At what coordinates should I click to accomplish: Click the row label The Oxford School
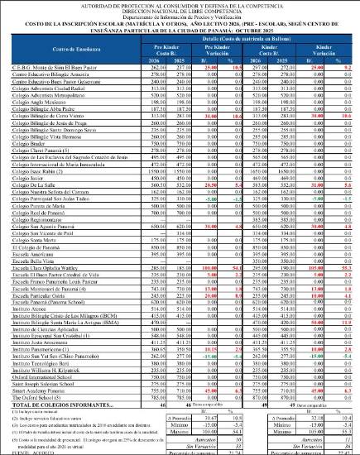(37, 396)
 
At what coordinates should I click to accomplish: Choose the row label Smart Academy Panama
(36, 390)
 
